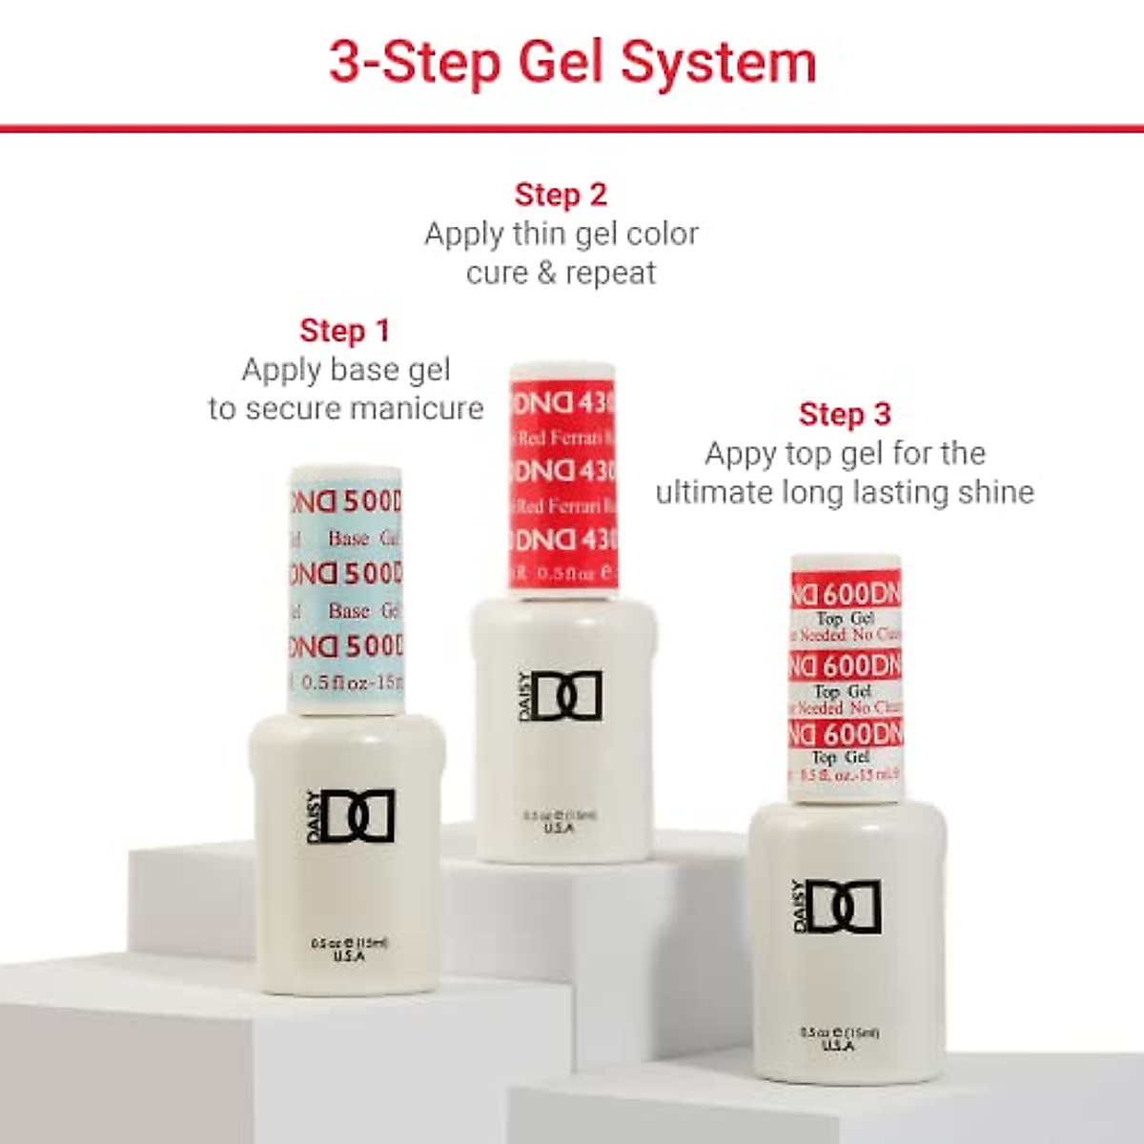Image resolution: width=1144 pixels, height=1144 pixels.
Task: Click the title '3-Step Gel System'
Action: (x=572, y=63)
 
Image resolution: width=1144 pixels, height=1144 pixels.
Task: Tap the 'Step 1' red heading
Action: (x=344, y=331)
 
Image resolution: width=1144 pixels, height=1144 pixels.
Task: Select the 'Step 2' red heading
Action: (x=561, y=194)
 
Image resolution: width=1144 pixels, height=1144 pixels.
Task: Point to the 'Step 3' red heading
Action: (x=845, y=414)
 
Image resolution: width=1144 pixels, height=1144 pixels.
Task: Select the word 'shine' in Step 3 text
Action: (x=997, y=493)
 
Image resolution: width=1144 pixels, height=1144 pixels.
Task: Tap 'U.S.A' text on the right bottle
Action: (x=838, y=1046)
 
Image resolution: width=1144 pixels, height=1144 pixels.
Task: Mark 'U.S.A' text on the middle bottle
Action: (x=559, y=828)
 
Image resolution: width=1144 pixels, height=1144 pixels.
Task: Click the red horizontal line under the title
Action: (x=572, y=128)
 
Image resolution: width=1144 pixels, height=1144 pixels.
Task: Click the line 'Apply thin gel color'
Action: (x=561, y=235)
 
